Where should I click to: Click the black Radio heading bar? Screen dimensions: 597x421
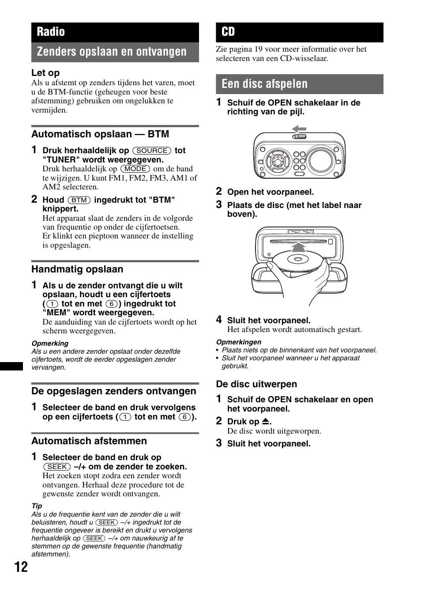pos(115,32)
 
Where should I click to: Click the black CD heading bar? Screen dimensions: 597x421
pos(299,32)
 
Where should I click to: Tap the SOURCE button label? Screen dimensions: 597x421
pos(152,151)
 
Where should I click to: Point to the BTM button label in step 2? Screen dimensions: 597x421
pos(79,200)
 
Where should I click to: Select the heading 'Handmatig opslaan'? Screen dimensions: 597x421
pos(77,269)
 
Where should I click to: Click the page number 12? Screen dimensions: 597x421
pos(21,567)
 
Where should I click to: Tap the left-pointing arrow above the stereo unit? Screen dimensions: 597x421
pos(299,129)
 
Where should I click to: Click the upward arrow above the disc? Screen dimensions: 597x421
pos(299,247)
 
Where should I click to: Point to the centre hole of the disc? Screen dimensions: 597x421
pos(295,259)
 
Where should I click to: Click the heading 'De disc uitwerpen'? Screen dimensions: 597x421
pos(256,384)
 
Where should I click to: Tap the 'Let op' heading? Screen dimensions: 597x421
pos(45,73)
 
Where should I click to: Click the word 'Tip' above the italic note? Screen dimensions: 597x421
pos(37,506)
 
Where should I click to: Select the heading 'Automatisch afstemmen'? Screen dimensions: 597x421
pos(89,441)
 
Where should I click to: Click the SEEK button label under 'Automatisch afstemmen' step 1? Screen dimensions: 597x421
pos(57,467)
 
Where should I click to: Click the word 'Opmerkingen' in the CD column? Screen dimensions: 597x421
pos(238,342)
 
